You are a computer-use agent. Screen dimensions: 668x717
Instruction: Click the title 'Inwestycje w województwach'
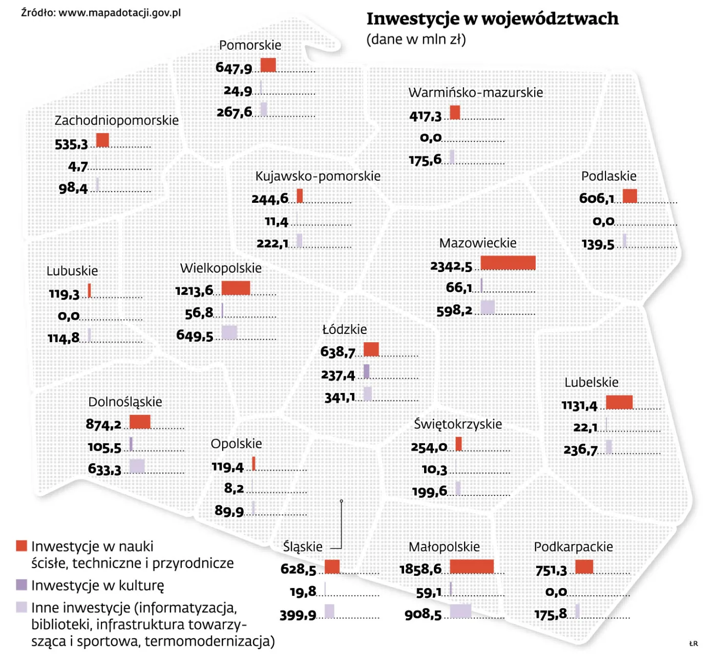tap(492, 19)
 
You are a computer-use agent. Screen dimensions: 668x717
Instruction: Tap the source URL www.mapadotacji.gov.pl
tap(119, 13)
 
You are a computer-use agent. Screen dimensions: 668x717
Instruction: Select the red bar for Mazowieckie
tap(508, 263)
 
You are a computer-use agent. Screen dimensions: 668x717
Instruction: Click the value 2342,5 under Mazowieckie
tap(451, 266)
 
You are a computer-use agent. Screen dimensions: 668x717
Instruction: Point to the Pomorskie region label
tap(250, 45)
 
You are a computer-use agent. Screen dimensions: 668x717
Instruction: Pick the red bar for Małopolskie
tap(472, 566)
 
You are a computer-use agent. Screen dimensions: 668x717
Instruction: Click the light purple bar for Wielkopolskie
tap(229, 332)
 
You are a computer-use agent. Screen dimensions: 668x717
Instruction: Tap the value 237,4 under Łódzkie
tap(338, 375)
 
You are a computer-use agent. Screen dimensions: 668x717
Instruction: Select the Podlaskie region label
tap(608, 176)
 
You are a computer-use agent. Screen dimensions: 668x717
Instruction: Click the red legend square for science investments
tap(22, 546)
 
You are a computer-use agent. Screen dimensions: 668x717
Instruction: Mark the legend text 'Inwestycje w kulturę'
tap(97, 585)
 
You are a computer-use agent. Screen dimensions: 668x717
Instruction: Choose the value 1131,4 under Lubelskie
tap(579, 406)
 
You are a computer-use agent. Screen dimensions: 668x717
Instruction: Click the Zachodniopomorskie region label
tap(117, 120)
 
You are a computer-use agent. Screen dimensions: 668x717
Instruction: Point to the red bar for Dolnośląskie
tap(140, 422)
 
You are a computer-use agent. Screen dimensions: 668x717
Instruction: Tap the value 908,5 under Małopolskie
tap(423, 615)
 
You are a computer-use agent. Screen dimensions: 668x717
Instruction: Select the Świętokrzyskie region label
tap(458, 424)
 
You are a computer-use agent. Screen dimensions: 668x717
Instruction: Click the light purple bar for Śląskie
tap(329, 611)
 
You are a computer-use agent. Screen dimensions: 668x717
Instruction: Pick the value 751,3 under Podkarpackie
tap(551, 570)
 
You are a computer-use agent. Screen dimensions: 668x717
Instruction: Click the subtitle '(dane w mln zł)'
tap(416, 39)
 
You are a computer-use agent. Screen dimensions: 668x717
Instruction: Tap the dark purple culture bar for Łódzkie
tap(366, 371)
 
